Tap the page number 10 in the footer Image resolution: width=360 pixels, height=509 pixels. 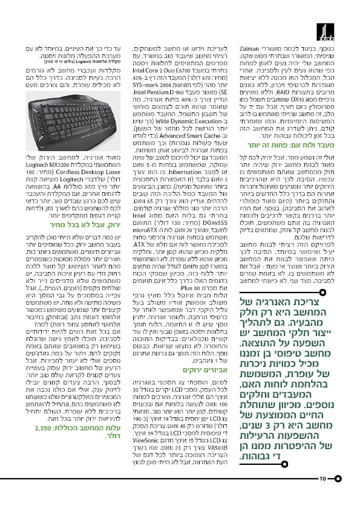pyautogui.click(x=323, y=479)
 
